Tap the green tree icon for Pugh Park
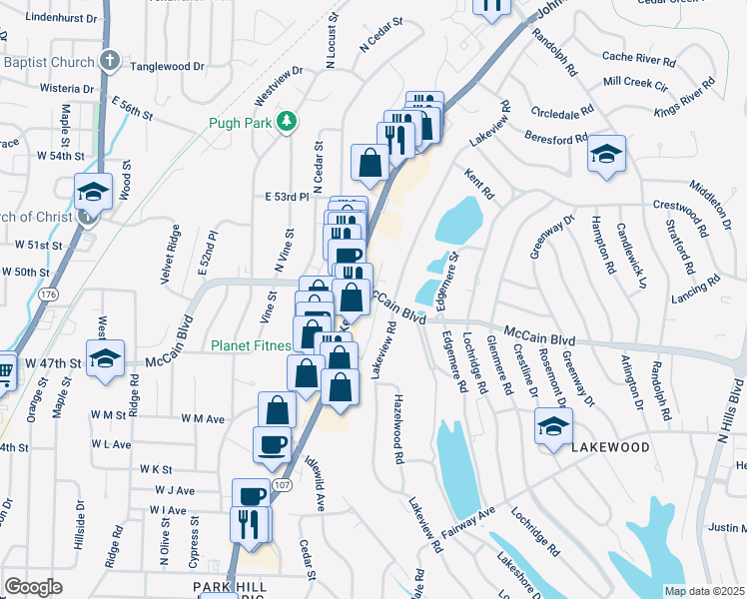(288, 121)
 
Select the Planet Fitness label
(251, 346)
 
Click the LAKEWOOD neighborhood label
(610, 448)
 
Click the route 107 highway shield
(282, 486)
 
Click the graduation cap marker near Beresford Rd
(606, 155)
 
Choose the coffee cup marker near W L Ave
(273, 443)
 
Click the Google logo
(33, 587)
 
